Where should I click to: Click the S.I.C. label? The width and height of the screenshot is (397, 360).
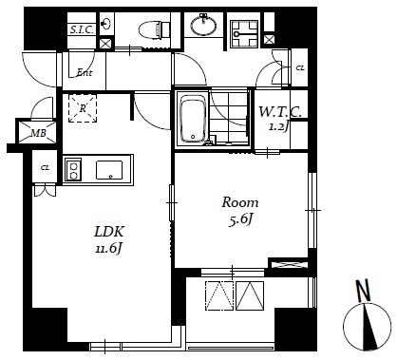pos(82,30)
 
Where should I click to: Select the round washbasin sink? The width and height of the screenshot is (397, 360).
pos(204,25)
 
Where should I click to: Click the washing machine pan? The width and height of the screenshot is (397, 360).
pos(244,34)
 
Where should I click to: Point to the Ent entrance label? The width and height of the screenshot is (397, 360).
pos(85,73)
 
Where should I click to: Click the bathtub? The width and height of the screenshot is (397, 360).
pos(192,119)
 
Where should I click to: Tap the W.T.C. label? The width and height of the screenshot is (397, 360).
pos(280,112)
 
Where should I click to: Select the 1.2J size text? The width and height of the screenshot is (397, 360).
pos(278,127)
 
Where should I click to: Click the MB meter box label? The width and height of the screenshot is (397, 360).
pos(38,133)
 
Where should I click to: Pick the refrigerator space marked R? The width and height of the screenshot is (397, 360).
pos(83,108)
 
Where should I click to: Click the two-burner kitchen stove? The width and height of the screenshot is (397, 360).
pos(73,170)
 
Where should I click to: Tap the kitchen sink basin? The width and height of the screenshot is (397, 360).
pos(109,170)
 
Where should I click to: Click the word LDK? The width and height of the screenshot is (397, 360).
pos(109,232)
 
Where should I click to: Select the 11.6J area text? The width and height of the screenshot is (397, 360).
pos(109,249)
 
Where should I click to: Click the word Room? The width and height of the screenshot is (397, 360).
pos(240,202)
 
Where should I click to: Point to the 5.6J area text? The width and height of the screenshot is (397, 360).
pos(240,219)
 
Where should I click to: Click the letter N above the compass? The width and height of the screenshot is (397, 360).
pos(364,291)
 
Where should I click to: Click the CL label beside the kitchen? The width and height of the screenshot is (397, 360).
pos(45,168)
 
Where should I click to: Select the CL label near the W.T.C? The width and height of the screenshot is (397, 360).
pos(300,67)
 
